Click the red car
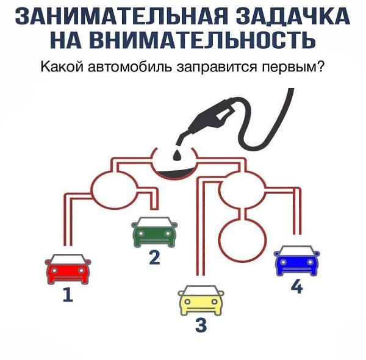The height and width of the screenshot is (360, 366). (68, 269)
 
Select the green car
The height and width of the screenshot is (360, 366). (154, 232)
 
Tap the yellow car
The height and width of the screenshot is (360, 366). (201, 300)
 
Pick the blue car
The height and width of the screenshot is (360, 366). (296, 261)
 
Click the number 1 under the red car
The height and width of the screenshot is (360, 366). (68, 295)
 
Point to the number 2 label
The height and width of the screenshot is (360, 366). (154, 257)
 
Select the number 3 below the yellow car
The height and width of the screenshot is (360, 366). (201, 325)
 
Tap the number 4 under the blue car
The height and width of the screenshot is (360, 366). (297, 287)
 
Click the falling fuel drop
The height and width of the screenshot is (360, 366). (177, 155)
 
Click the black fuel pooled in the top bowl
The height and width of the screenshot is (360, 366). (174, 173)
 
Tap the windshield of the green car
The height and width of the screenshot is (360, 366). (154, 222)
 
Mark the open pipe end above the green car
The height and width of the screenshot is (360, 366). (154, 208)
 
